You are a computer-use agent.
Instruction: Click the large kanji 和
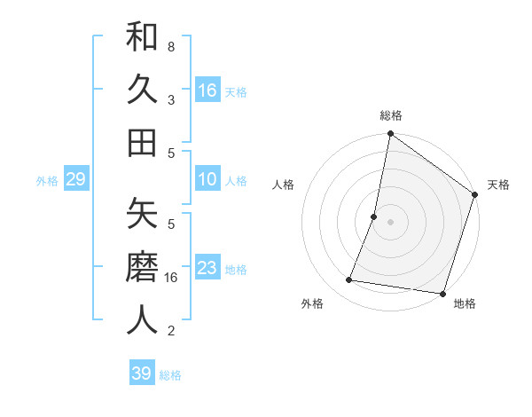[x=143, y=38]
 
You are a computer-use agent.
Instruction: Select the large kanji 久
[x=143, y=90]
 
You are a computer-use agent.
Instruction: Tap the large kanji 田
[x=143, y=142]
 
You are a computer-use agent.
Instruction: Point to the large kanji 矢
[x=143, y=216]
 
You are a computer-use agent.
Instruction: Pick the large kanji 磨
[x=143, y=268]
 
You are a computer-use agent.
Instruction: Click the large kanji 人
[x=143, y=320]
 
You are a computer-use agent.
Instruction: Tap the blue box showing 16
[x=207, y=90]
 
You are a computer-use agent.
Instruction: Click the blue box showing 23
[x=207, y=269]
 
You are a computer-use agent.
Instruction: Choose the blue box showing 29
[x=75, y=180]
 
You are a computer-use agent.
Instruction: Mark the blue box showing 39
[x=142, y=374]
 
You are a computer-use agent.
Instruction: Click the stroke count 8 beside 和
[x=171, y=45]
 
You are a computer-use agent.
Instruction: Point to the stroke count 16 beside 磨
[x=171, y=277]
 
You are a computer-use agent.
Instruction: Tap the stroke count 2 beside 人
[x=171, y=331]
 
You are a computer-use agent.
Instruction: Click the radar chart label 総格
[x=391, y=115]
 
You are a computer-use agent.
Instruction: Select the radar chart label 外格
[x=312, y=304]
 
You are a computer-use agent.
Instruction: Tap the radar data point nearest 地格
[x=441, y=293]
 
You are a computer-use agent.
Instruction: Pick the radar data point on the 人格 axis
[x=374, y=216]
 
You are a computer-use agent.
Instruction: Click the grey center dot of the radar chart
[x=390, y=222]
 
